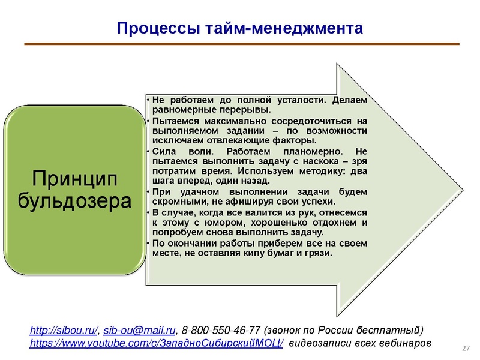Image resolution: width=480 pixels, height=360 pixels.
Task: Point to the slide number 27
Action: pos(466,349)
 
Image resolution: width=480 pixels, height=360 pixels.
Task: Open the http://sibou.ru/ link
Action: pos(64,331)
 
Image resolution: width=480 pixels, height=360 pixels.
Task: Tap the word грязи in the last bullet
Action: pos(318,253)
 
